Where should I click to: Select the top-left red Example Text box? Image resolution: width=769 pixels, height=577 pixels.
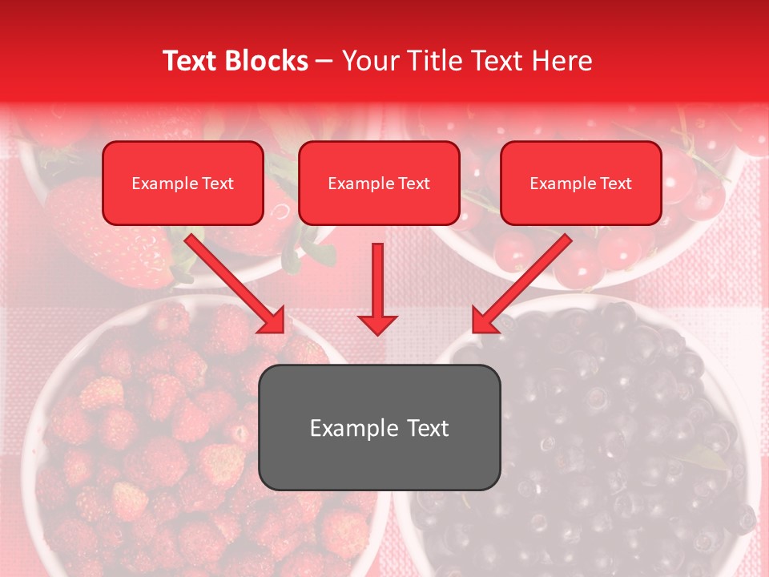tap(183, 183)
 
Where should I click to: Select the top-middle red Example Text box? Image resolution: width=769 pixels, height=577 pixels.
tap(379, 183)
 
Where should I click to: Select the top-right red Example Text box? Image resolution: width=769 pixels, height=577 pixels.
tap(581, 183)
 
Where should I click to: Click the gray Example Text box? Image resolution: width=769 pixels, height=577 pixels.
tap(379, 427)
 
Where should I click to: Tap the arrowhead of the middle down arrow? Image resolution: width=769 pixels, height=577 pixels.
tap(377, 324)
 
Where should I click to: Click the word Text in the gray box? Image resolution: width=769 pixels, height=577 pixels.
tap(425, 428)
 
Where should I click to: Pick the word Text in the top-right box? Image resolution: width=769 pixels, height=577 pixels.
tap(616, 184)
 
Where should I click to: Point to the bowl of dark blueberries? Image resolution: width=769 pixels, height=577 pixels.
tap(609, 449)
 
